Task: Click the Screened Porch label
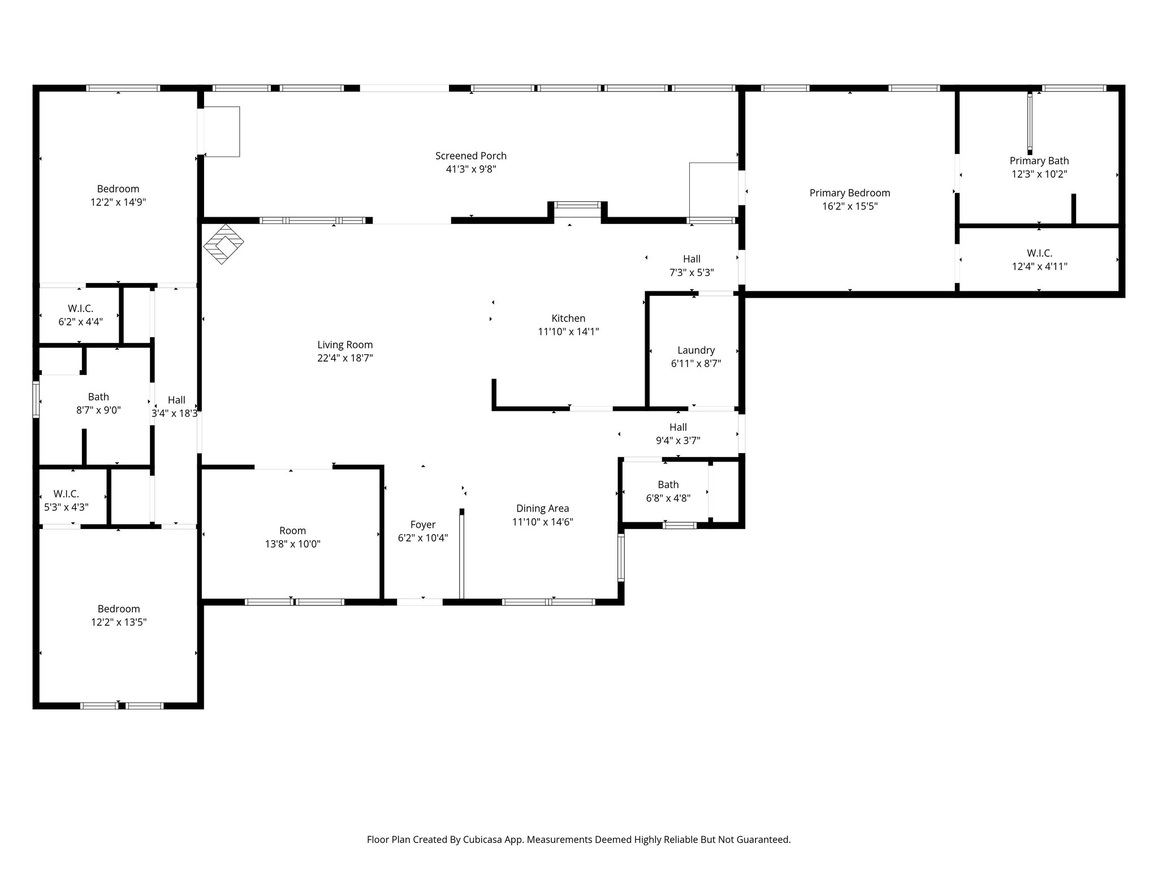point(470,156)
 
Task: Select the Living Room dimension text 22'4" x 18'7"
point(345,358)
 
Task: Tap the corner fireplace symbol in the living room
point(223,244)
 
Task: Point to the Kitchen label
point(568,319)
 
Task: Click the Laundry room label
point(696,350)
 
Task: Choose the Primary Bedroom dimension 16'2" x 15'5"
point(849,207)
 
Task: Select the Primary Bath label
point(1039,161)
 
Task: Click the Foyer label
point(423,524)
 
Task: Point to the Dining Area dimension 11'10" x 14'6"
point(542,522)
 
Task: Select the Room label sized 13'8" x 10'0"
point(292,531)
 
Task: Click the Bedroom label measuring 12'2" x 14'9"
point(118,189)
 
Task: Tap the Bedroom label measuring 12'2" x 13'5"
point(118,609)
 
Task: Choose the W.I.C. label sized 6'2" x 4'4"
point(80,308)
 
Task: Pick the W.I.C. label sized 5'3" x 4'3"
point(66,494)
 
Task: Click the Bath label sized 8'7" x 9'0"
point(98,397)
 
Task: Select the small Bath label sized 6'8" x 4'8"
point(668,485)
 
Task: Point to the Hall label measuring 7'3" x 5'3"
point(692,259)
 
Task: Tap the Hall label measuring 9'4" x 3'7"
point(678,427)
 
